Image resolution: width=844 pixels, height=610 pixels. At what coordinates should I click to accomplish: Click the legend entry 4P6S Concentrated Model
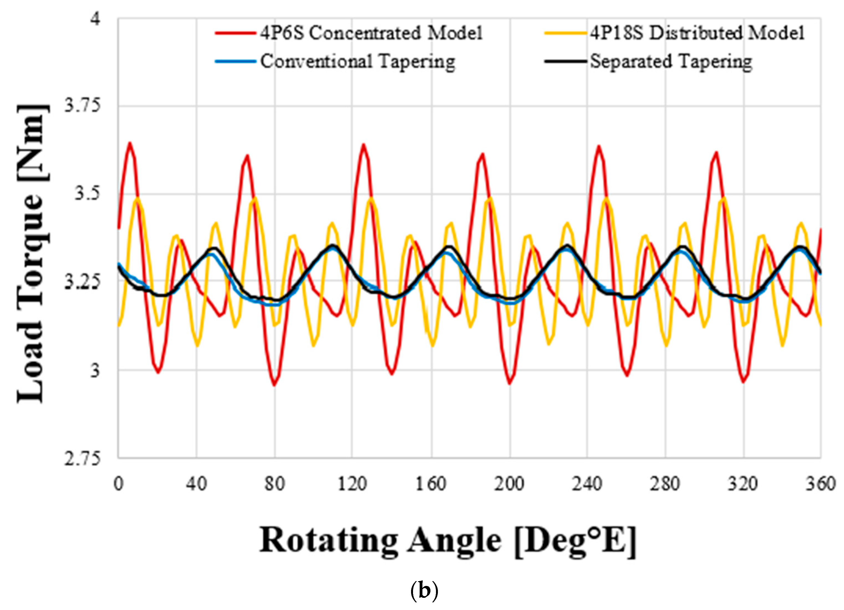[371, 33]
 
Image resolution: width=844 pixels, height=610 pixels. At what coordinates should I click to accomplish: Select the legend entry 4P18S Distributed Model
[697, 33]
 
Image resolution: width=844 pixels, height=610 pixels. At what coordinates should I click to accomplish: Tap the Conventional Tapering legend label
[357, 61]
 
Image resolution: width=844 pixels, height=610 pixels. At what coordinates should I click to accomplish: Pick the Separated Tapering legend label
[671, 61]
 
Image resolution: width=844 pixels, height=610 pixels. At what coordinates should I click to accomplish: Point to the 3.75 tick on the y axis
[83, 106]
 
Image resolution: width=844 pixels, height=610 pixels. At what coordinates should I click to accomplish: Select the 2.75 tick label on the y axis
[83, 458]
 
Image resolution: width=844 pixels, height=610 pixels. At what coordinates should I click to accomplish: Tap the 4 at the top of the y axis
[96, 18]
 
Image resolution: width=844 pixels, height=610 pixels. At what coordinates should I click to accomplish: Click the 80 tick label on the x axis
[275, 484]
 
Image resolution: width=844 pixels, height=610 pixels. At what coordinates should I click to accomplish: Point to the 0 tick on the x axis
[118, 484]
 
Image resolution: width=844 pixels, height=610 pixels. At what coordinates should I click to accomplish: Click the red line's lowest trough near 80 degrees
[274, 385]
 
